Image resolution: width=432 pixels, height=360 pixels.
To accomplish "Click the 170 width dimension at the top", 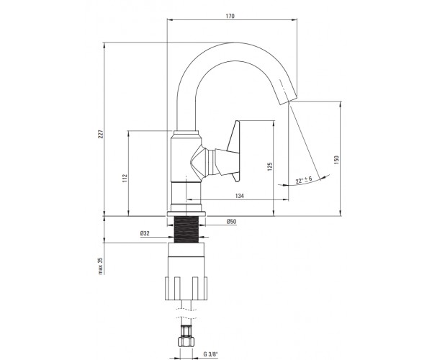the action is coord(230,17).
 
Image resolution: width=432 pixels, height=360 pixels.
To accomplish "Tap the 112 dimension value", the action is coord(125,178).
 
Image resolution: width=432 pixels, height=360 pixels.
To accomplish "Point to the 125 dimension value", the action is coord(270,166).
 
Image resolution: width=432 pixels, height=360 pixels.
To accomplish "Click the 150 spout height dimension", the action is coord(336,160).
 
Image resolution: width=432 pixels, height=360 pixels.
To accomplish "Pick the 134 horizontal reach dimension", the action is coord(240,196).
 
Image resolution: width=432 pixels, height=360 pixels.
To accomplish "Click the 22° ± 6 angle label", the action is coord(304,180).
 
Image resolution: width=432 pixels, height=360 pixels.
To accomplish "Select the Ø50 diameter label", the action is coord(231,222).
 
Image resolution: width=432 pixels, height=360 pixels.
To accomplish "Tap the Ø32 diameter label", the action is coord(145,233).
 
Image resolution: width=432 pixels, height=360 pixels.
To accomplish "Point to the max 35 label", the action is coord(101,266).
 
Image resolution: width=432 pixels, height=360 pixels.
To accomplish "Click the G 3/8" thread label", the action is coord(211,354).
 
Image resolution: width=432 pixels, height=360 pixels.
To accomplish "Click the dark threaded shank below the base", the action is coord(186,229).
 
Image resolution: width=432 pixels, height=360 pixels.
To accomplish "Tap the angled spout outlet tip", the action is coord(289,99).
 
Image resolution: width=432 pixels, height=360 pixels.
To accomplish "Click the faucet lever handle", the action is coord(228,151).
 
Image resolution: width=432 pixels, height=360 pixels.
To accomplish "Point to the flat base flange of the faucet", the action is coord(186,214).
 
